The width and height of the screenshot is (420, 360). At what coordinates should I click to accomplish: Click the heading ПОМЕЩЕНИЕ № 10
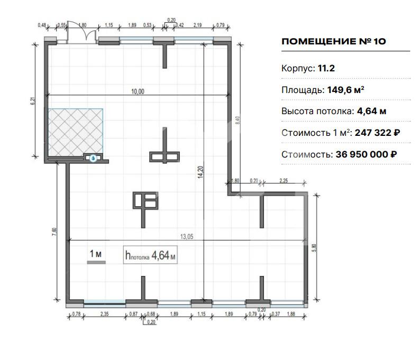click(x=334, y=41)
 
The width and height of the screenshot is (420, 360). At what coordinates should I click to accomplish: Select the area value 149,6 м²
click(x=345, y=90)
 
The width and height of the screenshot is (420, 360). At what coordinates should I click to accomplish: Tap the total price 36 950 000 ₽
click(x=366, y=154)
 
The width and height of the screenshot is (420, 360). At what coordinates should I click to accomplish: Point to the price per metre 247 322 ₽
click(x=377, y=133)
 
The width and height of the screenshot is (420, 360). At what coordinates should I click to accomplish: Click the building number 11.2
click(x=326, y=68)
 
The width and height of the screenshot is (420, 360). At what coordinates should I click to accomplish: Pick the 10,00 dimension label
click(x=138, y=91)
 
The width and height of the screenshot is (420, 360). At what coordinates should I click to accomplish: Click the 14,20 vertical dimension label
click(x=200, y=172)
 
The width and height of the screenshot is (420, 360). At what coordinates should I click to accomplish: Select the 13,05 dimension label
click(x=187, y=237)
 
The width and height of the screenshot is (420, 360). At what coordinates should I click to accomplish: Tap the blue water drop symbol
click(x=93, y=158)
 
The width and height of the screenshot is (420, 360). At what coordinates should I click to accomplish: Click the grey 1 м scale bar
click(x=96, y=263)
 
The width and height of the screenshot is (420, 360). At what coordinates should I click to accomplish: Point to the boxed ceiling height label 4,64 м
click(x=150, y=255)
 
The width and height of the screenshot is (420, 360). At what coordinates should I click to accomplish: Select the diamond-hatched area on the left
click(x=75, y=132)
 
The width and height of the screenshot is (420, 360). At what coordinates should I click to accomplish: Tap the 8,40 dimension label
click(x=238, y=119)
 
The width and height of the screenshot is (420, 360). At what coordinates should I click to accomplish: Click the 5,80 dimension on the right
click(x=314, y=248)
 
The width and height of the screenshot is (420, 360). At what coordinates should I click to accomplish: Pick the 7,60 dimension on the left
click(x=54, y=232)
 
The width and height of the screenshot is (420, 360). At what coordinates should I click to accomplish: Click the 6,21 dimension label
click(x=33, y=101)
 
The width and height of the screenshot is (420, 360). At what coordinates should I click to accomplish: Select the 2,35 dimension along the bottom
click(x=104, y=314)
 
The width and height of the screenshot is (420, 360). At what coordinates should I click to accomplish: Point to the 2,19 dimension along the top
click(x=198, y=25)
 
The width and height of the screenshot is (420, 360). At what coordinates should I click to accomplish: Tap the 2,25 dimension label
click(x=284, y=181)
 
